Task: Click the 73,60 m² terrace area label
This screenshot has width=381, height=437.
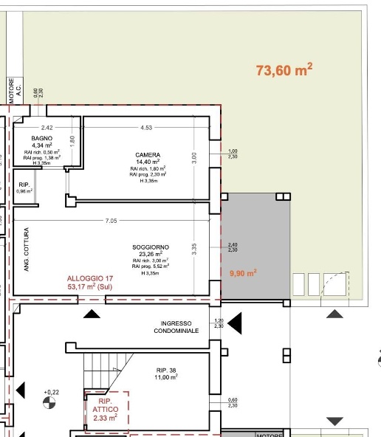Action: point(284,70)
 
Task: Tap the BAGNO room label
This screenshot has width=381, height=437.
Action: point(41,138)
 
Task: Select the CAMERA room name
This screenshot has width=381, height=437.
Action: point(148,155)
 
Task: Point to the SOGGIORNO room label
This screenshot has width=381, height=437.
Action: point(151,247)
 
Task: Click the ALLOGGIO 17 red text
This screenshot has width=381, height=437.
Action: point(89,278)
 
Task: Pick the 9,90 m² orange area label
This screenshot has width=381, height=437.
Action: point(243,273)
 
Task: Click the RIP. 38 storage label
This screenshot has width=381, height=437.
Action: point(167,370)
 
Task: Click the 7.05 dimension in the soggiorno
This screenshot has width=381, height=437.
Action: point(111,220)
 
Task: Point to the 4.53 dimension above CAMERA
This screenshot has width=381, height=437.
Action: point(146,128)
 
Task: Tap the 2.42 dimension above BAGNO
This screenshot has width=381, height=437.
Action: point(47,128)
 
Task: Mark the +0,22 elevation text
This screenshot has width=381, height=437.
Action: point(51,392)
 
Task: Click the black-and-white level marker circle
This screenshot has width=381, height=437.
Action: point(49,403)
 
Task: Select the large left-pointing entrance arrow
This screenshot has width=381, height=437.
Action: point(235,322)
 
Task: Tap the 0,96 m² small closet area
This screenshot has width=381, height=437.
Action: point(25,191)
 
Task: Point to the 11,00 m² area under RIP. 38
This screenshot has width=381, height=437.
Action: point(167,377)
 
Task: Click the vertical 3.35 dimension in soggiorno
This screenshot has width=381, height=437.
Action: point(193,250)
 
